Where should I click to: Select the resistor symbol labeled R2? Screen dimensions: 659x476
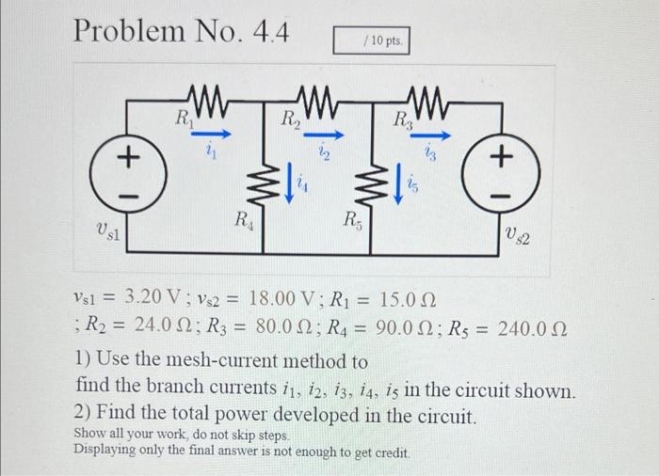coord(315,97)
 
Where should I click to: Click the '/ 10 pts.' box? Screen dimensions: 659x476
coord(374,42)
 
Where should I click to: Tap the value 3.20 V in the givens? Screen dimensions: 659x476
coord(153,300)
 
